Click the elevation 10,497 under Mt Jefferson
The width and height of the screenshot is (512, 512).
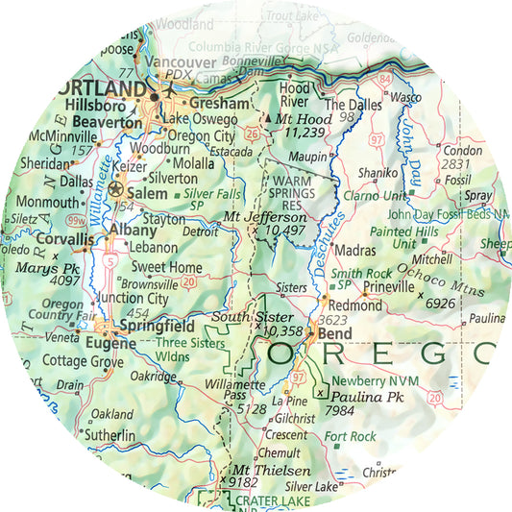(x=284, y=231)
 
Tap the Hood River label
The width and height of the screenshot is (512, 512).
(x=294, y=94)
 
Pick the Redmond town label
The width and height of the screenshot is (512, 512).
(x=356, y=305)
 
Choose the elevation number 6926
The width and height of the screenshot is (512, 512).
(x=439, y=304)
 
